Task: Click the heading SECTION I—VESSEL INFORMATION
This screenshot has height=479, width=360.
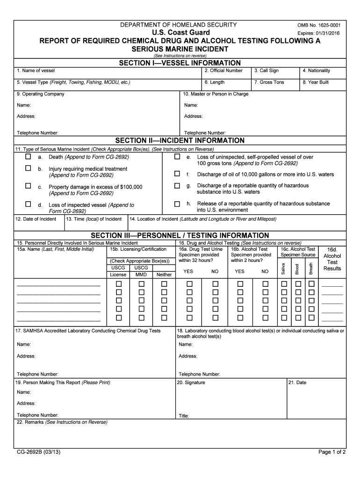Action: click(x=180, y=63)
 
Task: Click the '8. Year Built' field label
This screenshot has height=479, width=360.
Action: click(x=316, y=82)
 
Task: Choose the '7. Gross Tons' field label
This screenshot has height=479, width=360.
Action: click(x=269, y=82)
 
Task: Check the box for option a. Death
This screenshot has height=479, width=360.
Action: click(x=29, y=157)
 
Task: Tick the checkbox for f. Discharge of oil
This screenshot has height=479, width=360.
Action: click(x=177, y=174)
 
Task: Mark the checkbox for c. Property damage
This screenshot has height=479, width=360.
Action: click(x=29, y=186)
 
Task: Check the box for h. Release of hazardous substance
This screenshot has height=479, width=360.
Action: click(x=177, y=204)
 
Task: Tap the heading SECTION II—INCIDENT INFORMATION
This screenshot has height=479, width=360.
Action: click(x=180, y=140)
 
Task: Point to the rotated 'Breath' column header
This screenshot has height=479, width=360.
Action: click(x=311, y=269)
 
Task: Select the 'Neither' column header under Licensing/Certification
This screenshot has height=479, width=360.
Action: click(x=164, y=275)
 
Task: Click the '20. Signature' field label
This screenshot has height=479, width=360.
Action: click(x=191, y=382)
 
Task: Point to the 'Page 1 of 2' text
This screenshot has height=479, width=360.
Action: click(x=332, y=452)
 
